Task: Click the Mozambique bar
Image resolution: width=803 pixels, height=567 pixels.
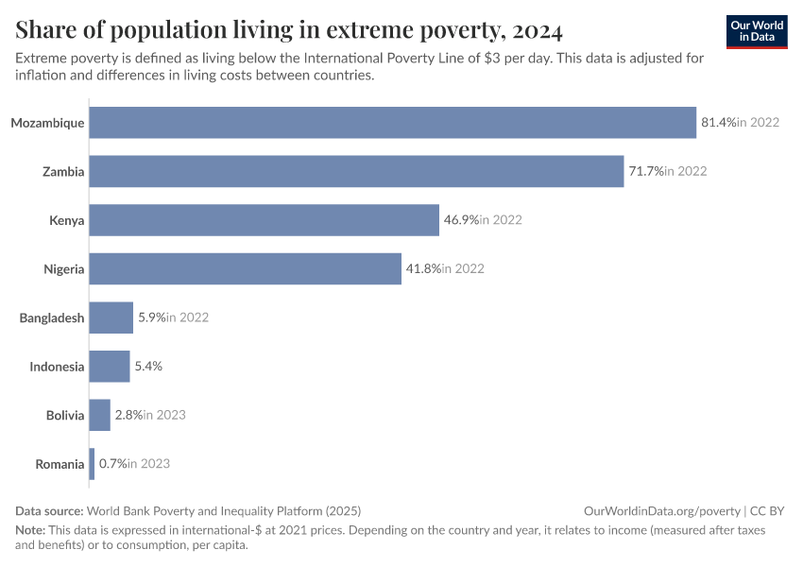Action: (x=392, y=123)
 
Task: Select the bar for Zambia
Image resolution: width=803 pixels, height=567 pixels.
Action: (x=356, y=171)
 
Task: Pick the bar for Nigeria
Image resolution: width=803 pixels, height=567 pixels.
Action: (x=246, y=268)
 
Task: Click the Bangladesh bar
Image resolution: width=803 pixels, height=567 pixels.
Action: (x=111, y=318)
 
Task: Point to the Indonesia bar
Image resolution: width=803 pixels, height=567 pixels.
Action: (x=110, y=367)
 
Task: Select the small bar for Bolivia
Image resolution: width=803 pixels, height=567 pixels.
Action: (x=100, y=415)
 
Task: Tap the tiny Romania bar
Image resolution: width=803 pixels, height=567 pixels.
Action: (x=92, y=464)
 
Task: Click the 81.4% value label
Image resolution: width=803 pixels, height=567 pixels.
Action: (x=718, y=123)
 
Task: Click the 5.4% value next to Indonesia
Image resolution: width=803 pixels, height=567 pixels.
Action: (x=148, y=367)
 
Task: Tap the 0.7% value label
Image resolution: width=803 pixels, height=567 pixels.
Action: (x=112, y=464)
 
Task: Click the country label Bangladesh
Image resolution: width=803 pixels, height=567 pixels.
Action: (x=52, y=318)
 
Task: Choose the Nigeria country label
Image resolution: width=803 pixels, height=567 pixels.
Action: (x=64, y=268)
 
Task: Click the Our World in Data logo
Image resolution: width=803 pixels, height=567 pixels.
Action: (x=757, y=31)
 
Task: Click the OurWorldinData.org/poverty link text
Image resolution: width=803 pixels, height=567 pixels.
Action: (x=660, y=510)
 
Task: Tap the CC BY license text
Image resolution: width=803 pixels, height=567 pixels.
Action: (x=768, y=510)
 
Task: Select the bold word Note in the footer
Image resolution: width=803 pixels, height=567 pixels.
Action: (x=30, y=530)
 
